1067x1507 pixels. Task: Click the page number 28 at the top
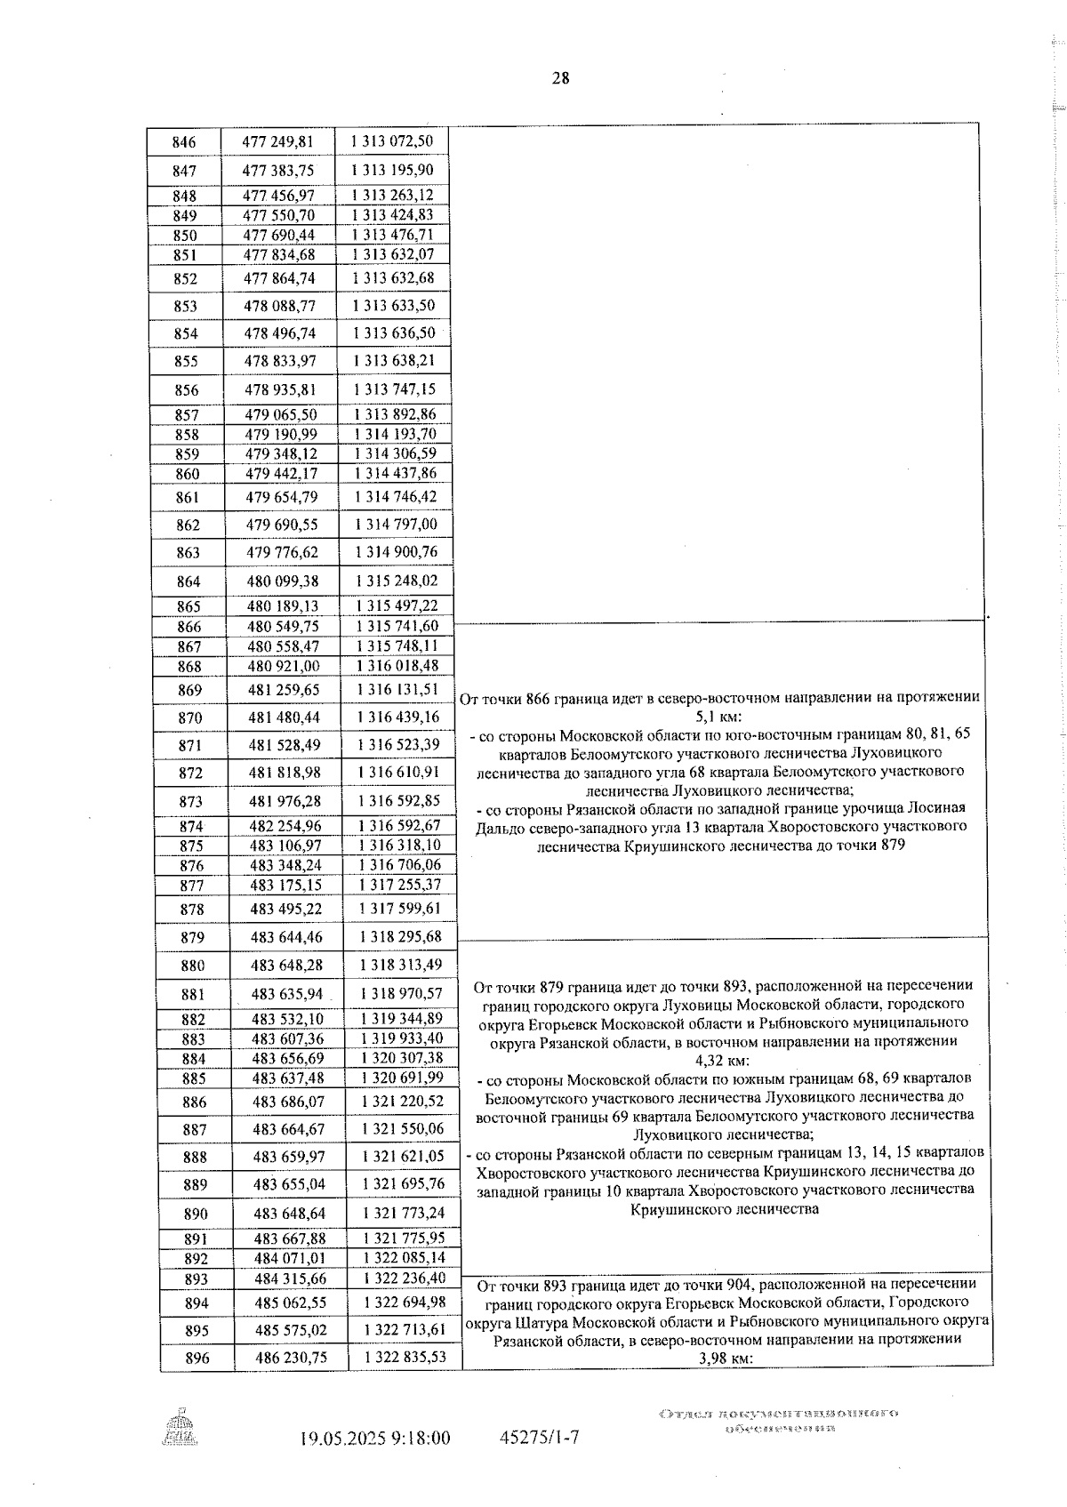pyautogui.click(x=560, y=78)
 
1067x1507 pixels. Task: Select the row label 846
pyautogui.click(x=184, y=142)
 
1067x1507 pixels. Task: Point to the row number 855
pyautogui.click(x=186, y=362)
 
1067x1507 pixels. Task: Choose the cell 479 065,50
pyautogui.click(x=281, y=415)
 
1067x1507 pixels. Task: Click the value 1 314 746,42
pyautogui.click(x=395, y=497)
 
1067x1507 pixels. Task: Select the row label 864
pyautogui.click(x=188, y=581)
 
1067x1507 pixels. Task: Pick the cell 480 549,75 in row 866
pyautogui.click(x=283, y=626)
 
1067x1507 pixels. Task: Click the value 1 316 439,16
pyautogui.click(x=397, y=717)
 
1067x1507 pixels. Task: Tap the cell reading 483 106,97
pyautogui.click(x=285, y=846)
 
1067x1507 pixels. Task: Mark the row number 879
pyautogui.click(x=191, y=938)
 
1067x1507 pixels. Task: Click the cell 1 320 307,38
pyautogui.click(x=402, y=1058)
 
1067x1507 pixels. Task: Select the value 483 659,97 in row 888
pyautogui.click(x=289, y=1158)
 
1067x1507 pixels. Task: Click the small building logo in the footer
pyautogui.click(x=181, y=1429)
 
